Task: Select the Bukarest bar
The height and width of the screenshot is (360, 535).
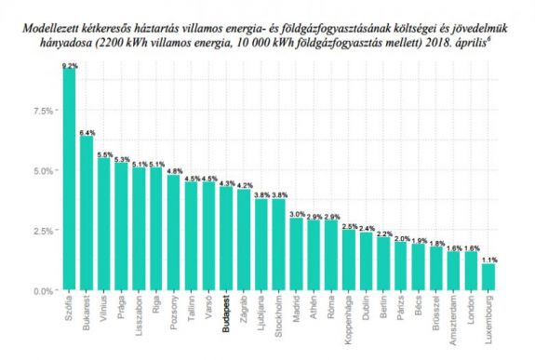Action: tap(87, 214)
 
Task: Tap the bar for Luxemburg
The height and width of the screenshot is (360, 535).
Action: tap(489, 277)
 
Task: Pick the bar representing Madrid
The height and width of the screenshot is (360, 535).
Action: tap(297, 254)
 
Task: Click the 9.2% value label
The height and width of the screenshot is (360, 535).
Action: tap(68, 66)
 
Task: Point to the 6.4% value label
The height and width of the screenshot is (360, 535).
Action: tap(87, 133)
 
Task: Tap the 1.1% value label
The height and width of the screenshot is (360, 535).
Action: tap(489, 260)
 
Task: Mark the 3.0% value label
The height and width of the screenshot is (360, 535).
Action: tap(297, 214)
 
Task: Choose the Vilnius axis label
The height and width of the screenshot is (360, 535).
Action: tap(104, 311)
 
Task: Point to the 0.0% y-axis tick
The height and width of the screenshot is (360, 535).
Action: tap(43, 290)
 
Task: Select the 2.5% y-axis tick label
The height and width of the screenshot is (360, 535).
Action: tap(43, 231)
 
